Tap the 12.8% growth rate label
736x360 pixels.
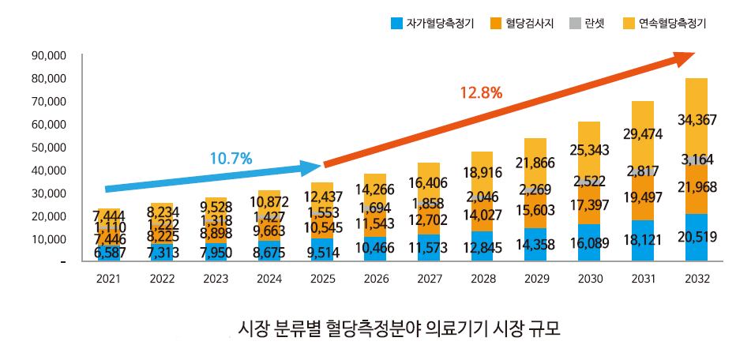pyautogui.click(x=481, y=92)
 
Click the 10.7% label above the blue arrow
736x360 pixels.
pyautogui.click(x=231, y=159)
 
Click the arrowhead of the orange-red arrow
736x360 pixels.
pyautogui.click(x=685, y=57)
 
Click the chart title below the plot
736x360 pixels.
pyautogui.click(x=399, y=328)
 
